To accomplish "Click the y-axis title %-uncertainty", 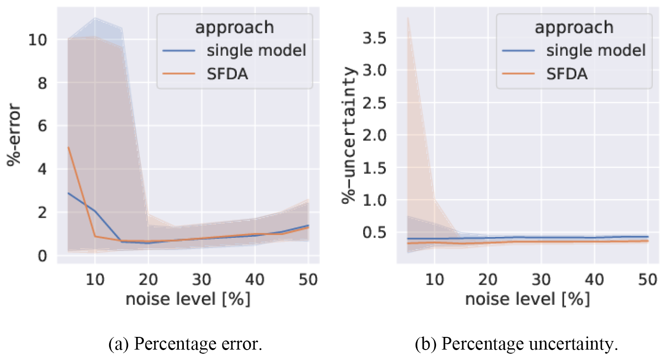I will point(351,135).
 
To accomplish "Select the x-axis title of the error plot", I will point(188,299).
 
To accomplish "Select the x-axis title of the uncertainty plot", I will point(527,299).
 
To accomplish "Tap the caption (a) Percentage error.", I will point(186,345).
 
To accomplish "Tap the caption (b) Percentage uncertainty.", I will point(517,345).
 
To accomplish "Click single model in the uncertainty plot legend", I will point(595,50).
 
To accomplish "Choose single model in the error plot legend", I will point(257,50).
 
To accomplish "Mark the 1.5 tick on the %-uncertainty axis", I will point(375,168).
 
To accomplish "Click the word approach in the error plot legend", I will point(235,27).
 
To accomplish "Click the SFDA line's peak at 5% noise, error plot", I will point(68,148).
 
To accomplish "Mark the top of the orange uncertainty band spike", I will point(408,18).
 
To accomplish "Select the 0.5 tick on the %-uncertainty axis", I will point(375,232).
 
